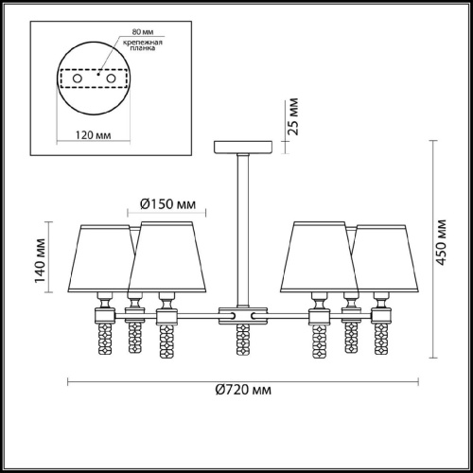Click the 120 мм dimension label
coord(94,135)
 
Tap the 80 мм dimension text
coord(143,32)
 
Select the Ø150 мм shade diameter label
coord(167,204)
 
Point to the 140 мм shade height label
coord(41,261)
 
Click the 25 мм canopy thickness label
coord(293,116)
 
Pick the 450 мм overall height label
coord(441,242)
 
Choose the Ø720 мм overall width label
coord(243,390)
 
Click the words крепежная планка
coord(143,45)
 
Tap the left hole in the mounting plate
coord(78,79)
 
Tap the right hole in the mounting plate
coord(111,79)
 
